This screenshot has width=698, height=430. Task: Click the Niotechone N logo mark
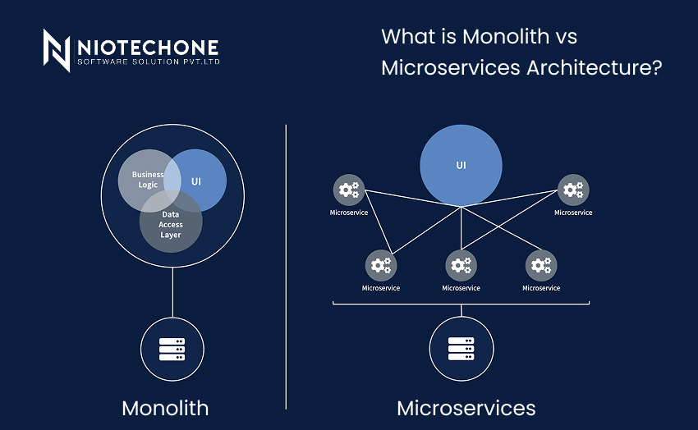[x=56, y=51]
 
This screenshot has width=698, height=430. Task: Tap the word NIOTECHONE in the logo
[x=148, y=47]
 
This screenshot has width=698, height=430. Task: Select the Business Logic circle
[x=146, y=178]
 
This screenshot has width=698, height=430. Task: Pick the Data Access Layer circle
[x=171, y=222]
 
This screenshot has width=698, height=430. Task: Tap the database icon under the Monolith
[x=172, y=349]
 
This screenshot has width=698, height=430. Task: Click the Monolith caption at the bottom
[x=165, y=408]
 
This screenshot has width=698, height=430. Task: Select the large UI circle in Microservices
[x=461, y=165]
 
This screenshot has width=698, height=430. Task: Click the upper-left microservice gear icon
[x=349, y=190]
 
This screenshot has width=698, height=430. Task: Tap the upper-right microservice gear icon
[x=572, y=190]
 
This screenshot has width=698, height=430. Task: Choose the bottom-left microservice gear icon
[x=380, y=265]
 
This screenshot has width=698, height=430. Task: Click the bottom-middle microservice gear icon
[x=461, y=265]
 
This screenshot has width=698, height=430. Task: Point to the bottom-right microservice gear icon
[x=540, y=265]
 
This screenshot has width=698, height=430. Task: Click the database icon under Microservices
[x=461, y=349]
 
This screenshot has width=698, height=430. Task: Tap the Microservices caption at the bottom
[x=466, y=408]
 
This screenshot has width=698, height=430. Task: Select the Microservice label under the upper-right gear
[x=572, y=213]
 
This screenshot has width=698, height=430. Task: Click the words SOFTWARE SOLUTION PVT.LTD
[x=148, y=62]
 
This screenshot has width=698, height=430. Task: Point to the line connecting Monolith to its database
[x=172, y=291]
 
